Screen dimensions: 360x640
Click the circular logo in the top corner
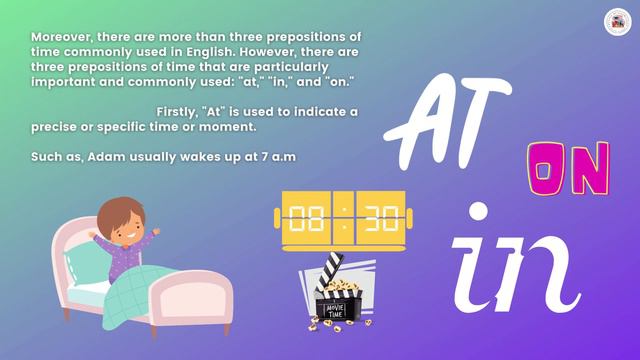click(x=614, y=20)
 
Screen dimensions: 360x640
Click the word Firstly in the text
click(x=180, y=110)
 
